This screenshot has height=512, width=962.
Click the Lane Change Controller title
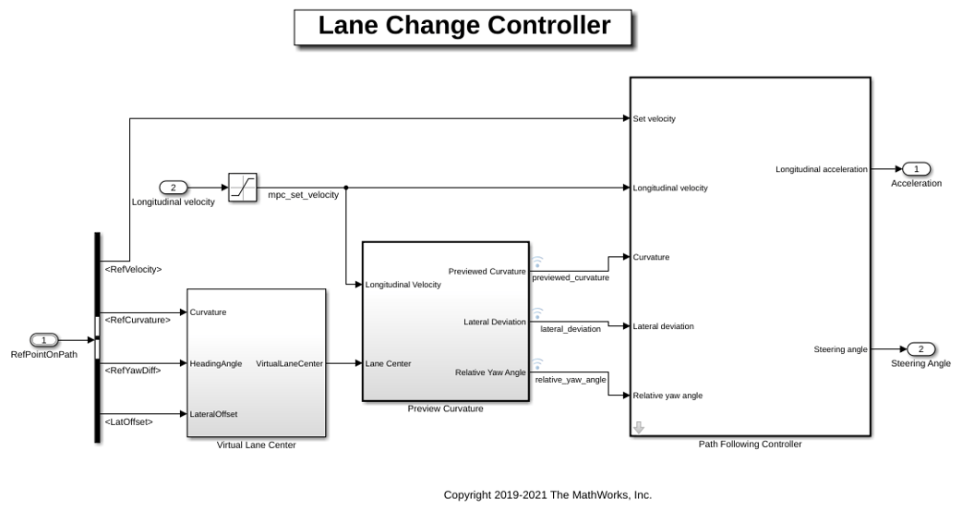tap(463, 26)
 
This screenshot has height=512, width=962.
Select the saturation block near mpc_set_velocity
tap(243, 188)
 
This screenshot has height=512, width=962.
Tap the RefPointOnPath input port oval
tap(43, 340)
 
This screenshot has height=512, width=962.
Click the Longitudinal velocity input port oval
tap(173, 188)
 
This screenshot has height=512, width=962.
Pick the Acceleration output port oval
tap(917, 169)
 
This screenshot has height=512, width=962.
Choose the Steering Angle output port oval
tap(920, 349)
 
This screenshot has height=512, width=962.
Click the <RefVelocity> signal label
tap(133, 270)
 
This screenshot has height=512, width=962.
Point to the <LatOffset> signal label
tap(129, 421)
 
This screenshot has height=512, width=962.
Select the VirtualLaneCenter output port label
tap(289, 363)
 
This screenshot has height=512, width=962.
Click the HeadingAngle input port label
tap(216, 363)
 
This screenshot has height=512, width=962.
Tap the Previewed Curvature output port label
tap(487, 272)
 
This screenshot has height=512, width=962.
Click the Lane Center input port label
tap(389, 363)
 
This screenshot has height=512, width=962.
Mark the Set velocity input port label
tap(654, 119)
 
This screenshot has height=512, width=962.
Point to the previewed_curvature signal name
tap(571, 277)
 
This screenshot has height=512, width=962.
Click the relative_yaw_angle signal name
tap(571, 380)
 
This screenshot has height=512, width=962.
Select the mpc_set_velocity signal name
tap(303, 195)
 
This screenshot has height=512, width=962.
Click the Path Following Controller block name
tap(750, 444)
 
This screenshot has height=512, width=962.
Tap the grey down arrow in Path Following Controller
tap(639, 427)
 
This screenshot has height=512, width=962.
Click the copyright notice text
tap(547, 494)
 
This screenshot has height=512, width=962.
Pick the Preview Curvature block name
tap(445, 408)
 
